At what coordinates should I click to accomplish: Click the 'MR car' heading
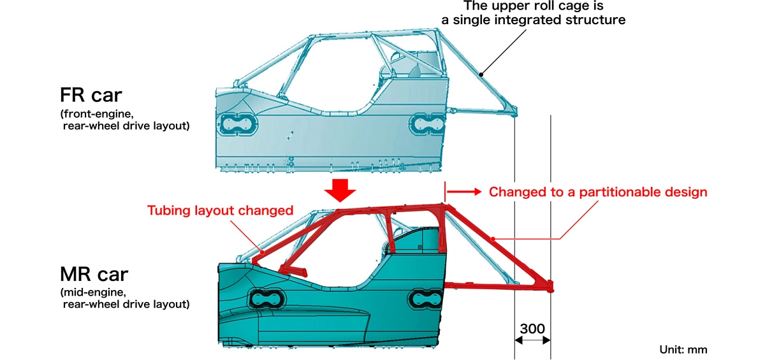(94, 274)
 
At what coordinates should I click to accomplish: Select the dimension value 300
(532, 329)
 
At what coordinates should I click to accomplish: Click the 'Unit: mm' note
(683, 349)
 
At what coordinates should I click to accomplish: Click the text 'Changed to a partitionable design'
(598, 192)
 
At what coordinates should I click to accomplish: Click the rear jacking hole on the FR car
(424, 125)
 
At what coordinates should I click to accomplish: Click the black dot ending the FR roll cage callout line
(483, 74)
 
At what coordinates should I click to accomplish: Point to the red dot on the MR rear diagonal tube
(494, 239)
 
